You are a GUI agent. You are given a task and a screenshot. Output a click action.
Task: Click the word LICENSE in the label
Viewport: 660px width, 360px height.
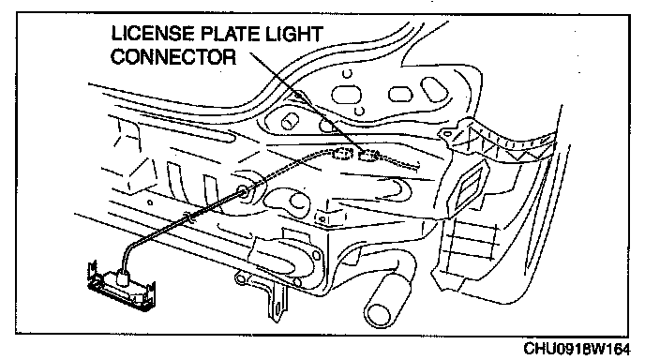(x=154, y=34)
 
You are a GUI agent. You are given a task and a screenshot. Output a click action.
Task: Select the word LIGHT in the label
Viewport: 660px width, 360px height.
(x=293, y=34)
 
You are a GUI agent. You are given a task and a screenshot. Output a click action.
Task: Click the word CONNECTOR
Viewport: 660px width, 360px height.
(x=173, y=57)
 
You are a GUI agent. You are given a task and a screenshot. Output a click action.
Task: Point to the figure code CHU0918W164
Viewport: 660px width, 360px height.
(x=577, y=349)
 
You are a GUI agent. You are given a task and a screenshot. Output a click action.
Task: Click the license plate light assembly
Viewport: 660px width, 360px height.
(x=121, y=286)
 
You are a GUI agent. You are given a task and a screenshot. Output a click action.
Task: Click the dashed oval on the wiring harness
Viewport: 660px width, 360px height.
(x=343, y=154)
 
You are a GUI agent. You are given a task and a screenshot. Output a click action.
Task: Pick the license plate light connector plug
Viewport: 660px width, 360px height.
(x=367, y=156)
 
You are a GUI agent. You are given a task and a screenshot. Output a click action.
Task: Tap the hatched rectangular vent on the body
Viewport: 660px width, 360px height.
(x=468, y=187)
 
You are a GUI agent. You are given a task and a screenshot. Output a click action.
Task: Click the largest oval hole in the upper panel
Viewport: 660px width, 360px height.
(x=347, y=95)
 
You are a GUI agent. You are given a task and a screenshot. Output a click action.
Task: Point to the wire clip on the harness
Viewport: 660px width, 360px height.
(x=190, y=218)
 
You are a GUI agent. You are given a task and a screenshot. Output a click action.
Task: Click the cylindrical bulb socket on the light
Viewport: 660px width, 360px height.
(x=124, y=277)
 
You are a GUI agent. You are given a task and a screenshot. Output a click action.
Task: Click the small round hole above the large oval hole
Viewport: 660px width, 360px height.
(x=347, y=74)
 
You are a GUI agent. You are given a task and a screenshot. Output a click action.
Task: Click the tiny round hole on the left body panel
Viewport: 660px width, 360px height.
(x=150, y=202)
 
